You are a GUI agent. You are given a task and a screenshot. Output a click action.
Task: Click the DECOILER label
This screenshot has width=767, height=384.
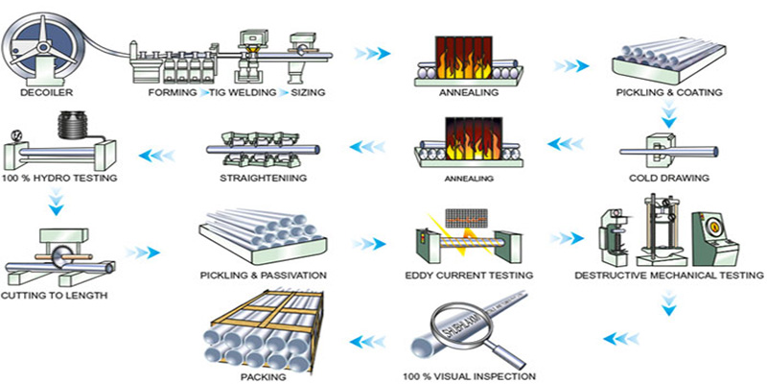pyautogui.click(x=40, y=93)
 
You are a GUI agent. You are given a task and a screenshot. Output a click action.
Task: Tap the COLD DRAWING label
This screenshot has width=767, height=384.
pyautogui.click(x=668, y=179)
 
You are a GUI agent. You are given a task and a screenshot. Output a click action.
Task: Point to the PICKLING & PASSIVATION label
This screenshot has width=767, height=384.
pyautogui.click(x=264, y=276)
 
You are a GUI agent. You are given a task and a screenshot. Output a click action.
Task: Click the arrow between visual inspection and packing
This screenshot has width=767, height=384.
pyautogui.click(x=368, y=339)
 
